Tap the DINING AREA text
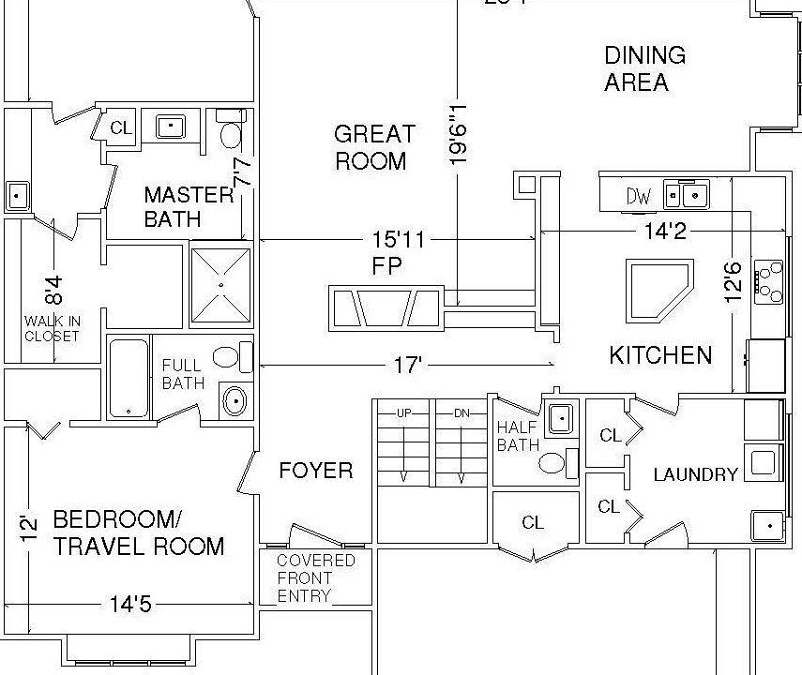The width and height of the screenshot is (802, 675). (x=643, y=68)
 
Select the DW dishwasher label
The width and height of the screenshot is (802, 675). (x=639, y=196)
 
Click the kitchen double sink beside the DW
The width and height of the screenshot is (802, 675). (x=685, y=195)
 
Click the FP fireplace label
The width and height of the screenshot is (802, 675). (x=386, y=266)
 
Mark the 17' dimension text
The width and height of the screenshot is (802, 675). (x=407, y=365)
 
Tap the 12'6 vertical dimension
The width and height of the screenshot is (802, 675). (x=733, y=281)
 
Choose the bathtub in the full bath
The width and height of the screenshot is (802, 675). (x=129, y=378)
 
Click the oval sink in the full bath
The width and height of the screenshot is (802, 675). (x=235, y=401)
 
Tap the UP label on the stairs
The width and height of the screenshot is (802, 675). (x=404, y=413)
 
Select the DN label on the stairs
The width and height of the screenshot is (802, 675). (x=461, y=413)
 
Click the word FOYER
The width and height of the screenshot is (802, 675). (x=316, y=471)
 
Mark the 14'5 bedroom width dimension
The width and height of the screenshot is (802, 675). (x=130, y=605)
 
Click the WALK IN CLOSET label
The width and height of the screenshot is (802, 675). (x=53, y=329)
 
